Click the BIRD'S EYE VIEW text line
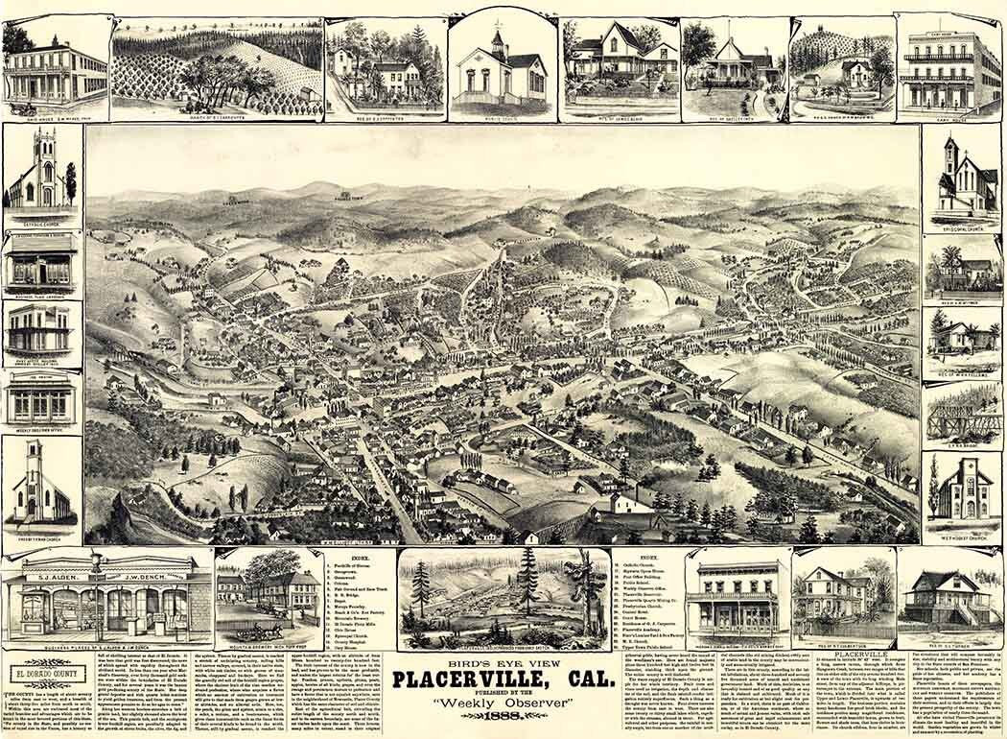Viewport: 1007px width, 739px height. tap(503, 661)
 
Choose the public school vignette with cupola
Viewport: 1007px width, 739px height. tap(498, 64)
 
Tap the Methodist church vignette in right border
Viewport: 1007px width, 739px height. tap(962, 489)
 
